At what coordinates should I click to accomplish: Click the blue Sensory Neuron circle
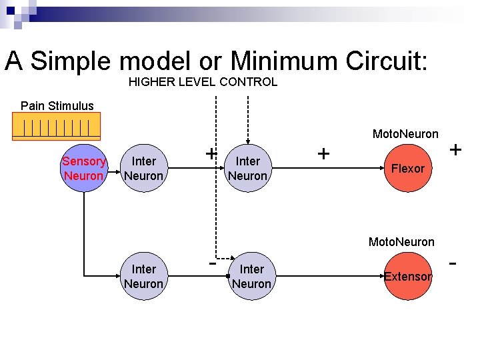click(84, 168)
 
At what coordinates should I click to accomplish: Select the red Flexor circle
click(407, 168)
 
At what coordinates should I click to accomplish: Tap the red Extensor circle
click(407, 276)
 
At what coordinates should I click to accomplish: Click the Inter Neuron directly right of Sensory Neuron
click(143, 168)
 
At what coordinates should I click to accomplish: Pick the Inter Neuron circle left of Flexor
click(248, 168)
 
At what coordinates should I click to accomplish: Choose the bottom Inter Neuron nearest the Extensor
click(251, 276)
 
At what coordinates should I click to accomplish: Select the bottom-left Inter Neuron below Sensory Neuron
click(143, 276)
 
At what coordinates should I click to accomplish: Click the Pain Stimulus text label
click(57, 105)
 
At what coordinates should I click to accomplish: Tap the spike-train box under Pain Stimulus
click(57, 126)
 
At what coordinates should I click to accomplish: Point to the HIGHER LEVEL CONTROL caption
click(203, 82)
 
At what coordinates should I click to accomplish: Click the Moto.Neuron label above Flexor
click(405, 134)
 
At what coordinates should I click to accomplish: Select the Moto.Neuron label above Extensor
click(401, 241)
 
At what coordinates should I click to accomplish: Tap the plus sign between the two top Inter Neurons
click(211, 153)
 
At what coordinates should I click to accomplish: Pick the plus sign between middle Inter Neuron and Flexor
click(324, 154)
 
